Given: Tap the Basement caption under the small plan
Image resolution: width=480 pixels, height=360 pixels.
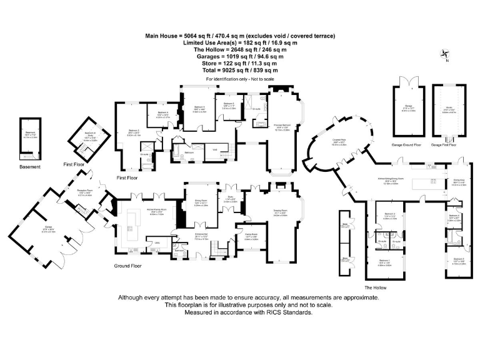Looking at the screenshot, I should (x=29, y=167).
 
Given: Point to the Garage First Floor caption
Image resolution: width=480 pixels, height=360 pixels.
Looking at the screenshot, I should (x=443, y=144).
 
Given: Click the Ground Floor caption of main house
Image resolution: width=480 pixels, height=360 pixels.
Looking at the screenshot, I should (x=129, y=266).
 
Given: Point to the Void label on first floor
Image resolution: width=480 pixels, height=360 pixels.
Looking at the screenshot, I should (x=214, y=149).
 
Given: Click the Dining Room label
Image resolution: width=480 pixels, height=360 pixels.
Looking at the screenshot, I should (x=201, y=201).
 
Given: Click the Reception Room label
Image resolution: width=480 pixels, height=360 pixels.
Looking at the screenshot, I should (x=85, y=192).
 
